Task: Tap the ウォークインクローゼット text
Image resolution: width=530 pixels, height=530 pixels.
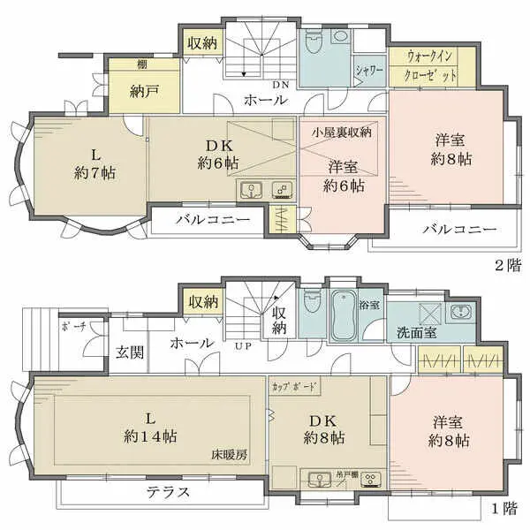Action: click(433, 65)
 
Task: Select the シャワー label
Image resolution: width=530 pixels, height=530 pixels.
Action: click(369, 72)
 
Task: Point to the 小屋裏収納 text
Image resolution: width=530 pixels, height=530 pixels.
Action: click(342, 132)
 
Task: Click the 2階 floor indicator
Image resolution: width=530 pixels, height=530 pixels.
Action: click(506, 264)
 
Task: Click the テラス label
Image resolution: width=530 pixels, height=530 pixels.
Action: click(167, 492)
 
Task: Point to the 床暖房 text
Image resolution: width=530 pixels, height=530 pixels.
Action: click(228, 456)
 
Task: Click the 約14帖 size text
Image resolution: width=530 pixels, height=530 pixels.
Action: click(149, 436)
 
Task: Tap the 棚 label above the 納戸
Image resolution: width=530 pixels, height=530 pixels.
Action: click(117, 64)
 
